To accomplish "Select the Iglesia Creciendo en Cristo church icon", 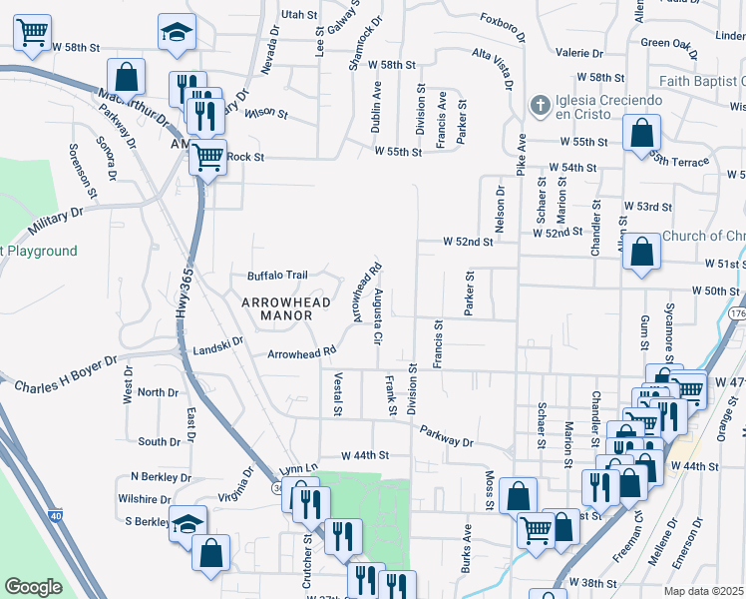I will pos(540,104).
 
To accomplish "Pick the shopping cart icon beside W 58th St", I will pos(33,33).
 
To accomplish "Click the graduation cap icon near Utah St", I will pos(178,32).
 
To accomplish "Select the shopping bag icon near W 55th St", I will pos(641,131).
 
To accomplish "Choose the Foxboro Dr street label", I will pos(502,27).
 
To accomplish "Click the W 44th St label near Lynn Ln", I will pos(363,454).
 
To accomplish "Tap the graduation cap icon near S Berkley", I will pos(186,523).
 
